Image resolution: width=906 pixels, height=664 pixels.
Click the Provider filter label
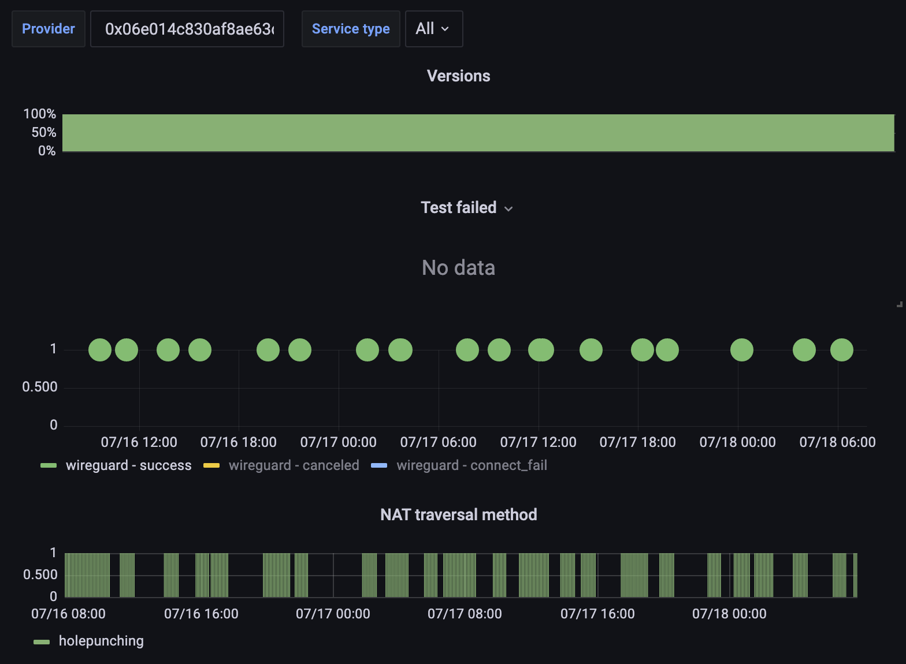[x=49, y=29]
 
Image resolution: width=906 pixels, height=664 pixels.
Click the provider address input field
[x=187, y=29]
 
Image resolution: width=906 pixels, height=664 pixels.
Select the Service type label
[x=351, y=29]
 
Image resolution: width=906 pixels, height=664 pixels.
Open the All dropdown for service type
[x=433, y=29]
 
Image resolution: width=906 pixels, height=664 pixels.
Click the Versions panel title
[x=458, y=76]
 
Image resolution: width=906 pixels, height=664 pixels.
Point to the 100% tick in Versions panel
[x=40, y=114]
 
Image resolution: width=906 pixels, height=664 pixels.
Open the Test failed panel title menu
[x=466, y=208]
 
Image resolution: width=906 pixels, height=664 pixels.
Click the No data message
[x=458, y=268]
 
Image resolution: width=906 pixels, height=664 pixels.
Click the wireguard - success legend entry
[x=128, y=465]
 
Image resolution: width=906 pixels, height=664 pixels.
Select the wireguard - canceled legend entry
[x=294, y=465]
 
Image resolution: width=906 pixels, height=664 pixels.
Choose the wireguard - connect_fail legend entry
[x=471, y=465]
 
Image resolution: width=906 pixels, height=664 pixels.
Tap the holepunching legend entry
[x=101, y=641]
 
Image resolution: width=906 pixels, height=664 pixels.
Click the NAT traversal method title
[x=458, y=514]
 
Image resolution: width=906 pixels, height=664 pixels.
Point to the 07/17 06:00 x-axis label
[x=438, y=442]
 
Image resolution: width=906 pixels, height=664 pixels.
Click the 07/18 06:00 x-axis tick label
[x=837, y=442]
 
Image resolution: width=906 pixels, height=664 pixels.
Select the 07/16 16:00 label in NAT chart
[x=201, y=614]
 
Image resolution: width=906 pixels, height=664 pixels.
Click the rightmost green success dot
[x=841, y=350]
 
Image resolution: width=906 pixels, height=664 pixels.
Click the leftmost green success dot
[x=100, y=350]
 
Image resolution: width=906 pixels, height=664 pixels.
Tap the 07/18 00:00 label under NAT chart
[x=729, y=614]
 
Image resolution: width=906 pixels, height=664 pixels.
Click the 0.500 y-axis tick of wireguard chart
[x=40, y=387]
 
